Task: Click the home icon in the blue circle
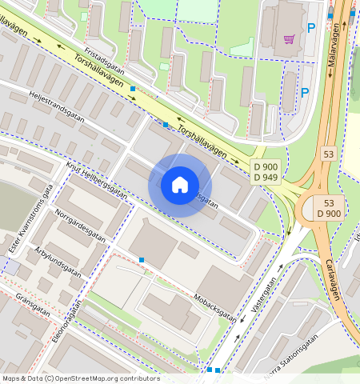180,185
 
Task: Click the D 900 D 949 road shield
265,171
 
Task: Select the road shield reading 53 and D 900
329,208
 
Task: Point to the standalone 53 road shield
329,153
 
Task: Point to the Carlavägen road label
333,278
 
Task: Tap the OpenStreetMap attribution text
80,378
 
